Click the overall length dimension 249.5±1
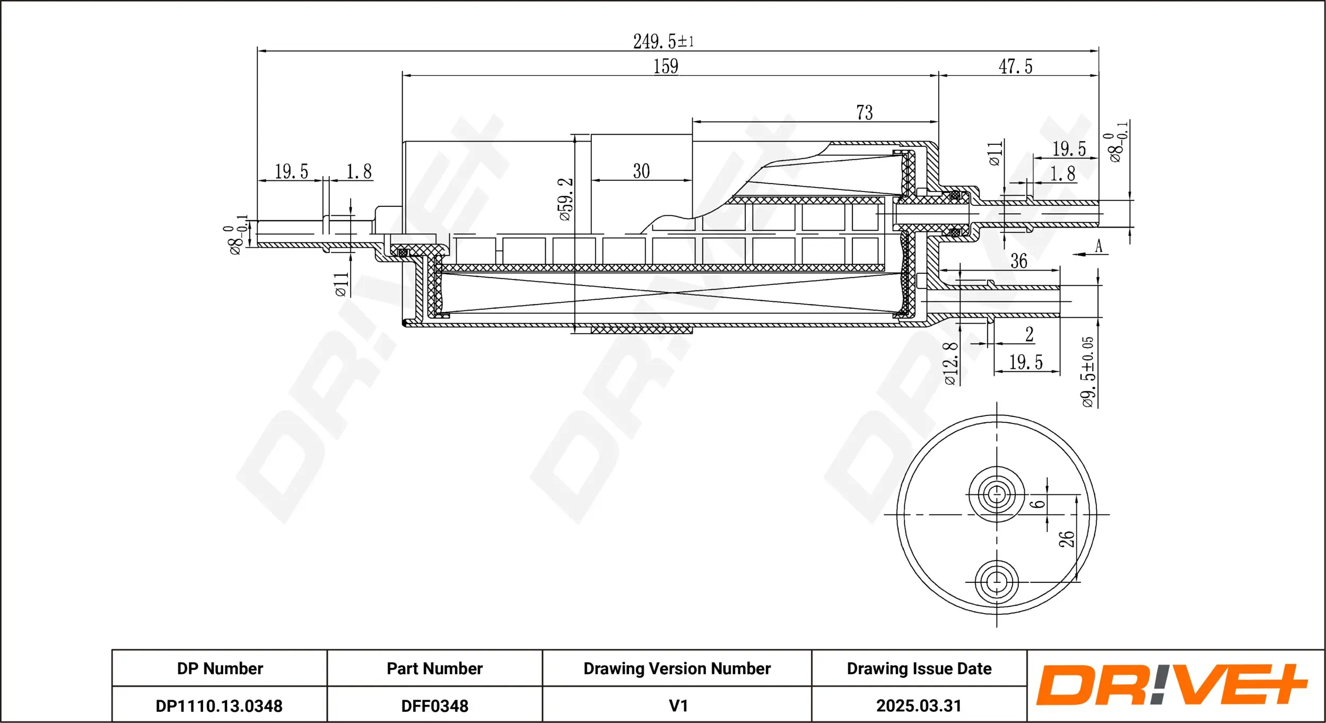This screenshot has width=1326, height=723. (663, 41)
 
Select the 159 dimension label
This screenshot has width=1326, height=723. (666, 66)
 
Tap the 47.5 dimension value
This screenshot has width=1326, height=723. (1015, 67)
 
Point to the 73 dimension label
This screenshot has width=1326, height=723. (864, 112)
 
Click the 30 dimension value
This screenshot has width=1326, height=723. (641, 171)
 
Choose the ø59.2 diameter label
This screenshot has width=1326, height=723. (565, 199)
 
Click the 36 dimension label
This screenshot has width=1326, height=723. (1018, 261)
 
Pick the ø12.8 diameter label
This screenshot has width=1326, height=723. (950, 363)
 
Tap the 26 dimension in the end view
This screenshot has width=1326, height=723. (1066, 539)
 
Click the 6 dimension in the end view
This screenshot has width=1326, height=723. (1038, 503)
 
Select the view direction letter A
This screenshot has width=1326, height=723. (1098, 246)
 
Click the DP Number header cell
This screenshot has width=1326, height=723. (220, 668)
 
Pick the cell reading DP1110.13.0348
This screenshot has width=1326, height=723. (219, 706)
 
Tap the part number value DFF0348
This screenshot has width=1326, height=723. (434, 706)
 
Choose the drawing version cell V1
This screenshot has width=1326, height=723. (678, 706)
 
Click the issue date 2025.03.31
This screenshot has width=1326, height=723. (919, 706)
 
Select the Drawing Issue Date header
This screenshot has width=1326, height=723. (919, 668)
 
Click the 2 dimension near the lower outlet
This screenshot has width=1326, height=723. (1029, 334)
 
